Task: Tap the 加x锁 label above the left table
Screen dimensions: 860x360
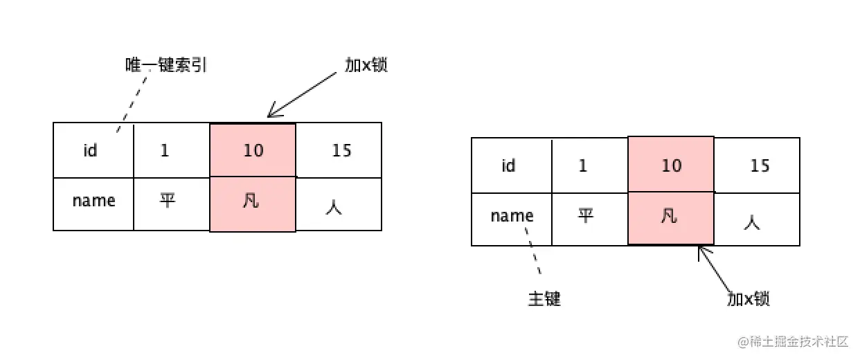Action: coord(366,65)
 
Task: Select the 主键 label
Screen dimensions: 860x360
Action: coord(544,299)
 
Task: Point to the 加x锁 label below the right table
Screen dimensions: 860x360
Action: coord(749,299)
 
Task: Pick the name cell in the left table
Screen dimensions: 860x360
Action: coord(93,201)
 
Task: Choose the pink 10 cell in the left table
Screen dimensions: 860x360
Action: coord(253,150)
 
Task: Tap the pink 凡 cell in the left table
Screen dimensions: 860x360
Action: coord(253,204)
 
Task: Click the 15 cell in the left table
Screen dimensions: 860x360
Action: coord(339,150)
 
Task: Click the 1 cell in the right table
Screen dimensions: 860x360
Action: coord(582,165)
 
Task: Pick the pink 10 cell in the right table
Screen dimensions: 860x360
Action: coord(670,165)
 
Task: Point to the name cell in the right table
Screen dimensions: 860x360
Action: coord(512,217)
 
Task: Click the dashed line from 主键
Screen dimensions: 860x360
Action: coord(535,256)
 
